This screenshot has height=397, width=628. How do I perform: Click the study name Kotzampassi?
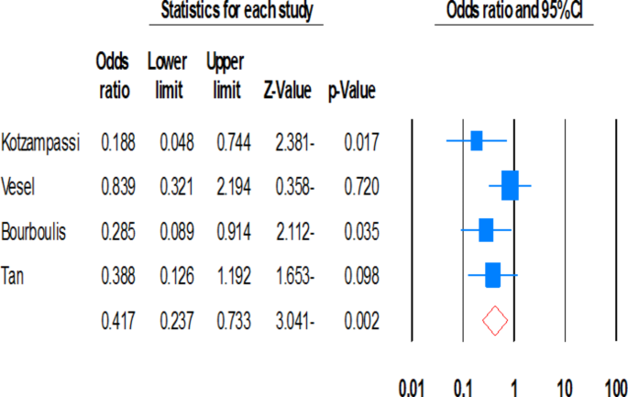click(41, 142)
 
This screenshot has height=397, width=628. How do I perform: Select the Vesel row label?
click(19, 186)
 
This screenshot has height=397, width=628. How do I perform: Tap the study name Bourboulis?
click(33, 230)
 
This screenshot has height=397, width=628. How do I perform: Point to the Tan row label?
click(14, 275)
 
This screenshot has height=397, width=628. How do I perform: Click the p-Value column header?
click(351, 92)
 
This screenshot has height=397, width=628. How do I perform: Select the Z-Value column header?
click(289, 92)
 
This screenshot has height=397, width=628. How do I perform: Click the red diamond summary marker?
click(495, 320)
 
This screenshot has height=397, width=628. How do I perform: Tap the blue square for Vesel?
click(510, 186)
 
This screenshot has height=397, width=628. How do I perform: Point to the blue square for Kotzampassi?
click(476, 141)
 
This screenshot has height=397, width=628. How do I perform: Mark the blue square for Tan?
click(493, 275)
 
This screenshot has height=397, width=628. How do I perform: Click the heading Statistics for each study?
click(237, 11)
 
